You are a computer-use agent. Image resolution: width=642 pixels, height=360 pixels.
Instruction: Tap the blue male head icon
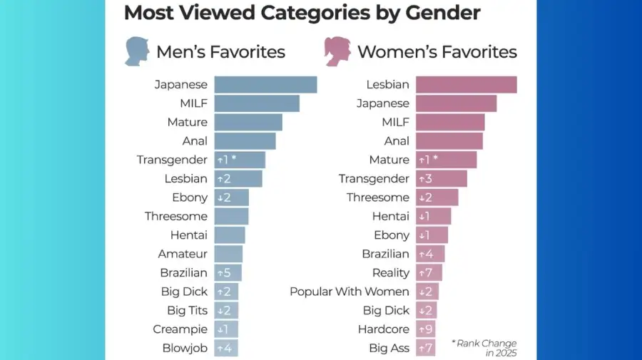point(136,52)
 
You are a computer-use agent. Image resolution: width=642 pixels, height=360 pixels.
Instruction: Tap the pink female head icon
point(337,52)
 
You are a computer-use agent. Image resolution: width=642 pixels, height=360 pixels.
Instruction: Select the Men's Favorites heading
point(220,52)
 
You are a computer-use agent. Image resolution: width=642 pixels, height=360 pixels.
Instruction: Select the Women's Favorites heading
point(437,52)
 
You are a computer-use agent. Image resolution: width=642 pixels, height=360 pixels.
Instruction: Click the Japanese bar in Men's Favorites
point(265,85)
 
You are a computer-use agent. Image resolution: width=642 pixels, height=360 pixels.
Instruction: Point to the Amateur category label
point(183,254)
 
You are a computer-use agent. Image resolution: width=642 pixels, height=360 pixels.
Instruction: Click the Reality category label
point(391,273)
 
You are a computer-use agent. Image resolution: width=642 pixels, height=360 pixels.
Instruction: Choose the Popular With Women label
point(350,292)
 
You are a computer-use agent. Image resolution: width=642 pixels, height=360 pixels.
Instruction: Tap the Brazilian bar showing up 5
point(228,273)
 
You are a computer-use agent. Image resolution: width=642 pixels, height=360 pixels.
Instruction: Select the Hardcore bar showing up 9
point(426,329)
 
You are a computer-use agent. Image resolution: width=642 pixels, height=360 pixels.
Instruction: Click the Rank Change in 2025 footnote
point(484,348)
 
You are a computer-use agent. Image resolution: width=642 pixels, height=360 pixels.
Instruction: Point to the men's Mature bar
point(248,122)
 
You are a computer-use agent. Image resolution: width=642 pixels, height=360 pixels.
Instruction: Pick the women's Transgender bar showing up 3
point(441,179)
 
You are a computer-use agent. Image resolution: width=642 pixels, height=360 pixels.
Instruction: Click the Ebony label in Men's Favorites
point(190,197)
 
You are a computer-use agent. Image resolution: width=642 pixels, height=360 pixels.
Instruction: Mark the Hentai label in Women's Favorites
point(391,216)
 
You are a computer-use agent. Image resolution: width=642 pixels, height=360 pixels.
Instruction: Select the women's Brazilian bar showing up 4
point(430,254)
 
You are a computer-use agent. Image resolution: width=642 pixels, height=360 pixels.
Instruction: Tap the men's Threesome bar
point(231,216)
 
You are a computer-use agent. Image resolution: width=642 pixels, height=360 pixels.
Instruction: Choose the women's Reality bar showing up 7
point(429,273)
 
